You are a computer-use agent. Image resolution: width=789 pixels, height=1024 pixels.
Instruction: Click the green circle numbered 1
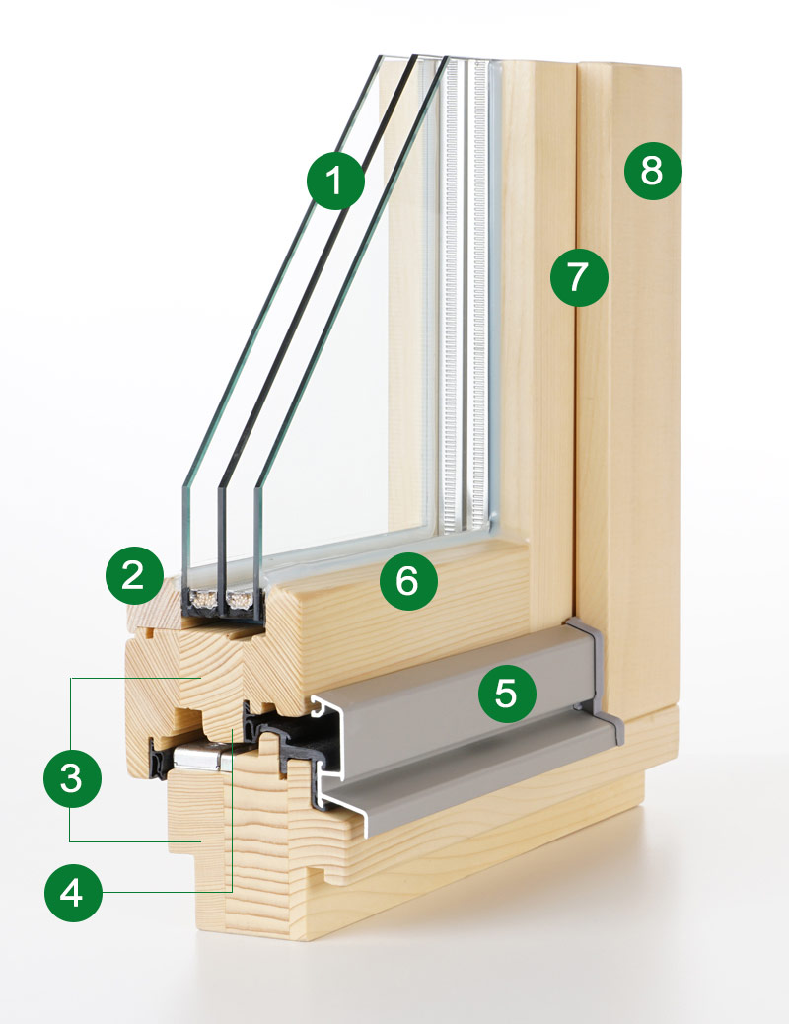point(335,180)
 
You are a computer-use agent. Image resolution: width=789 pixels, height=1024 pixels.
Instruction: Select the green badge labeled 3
point(72,778)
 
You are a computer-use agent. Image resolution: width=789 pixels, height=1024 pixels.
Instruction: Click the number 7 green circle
point(579,275)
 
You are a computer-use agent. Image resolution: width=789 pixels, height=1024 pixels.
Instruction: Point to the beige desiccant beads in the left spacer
point(204,599)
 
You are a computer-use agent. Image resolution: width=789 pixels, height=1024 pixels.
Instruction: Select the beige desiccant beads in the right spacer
point(240,599)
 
